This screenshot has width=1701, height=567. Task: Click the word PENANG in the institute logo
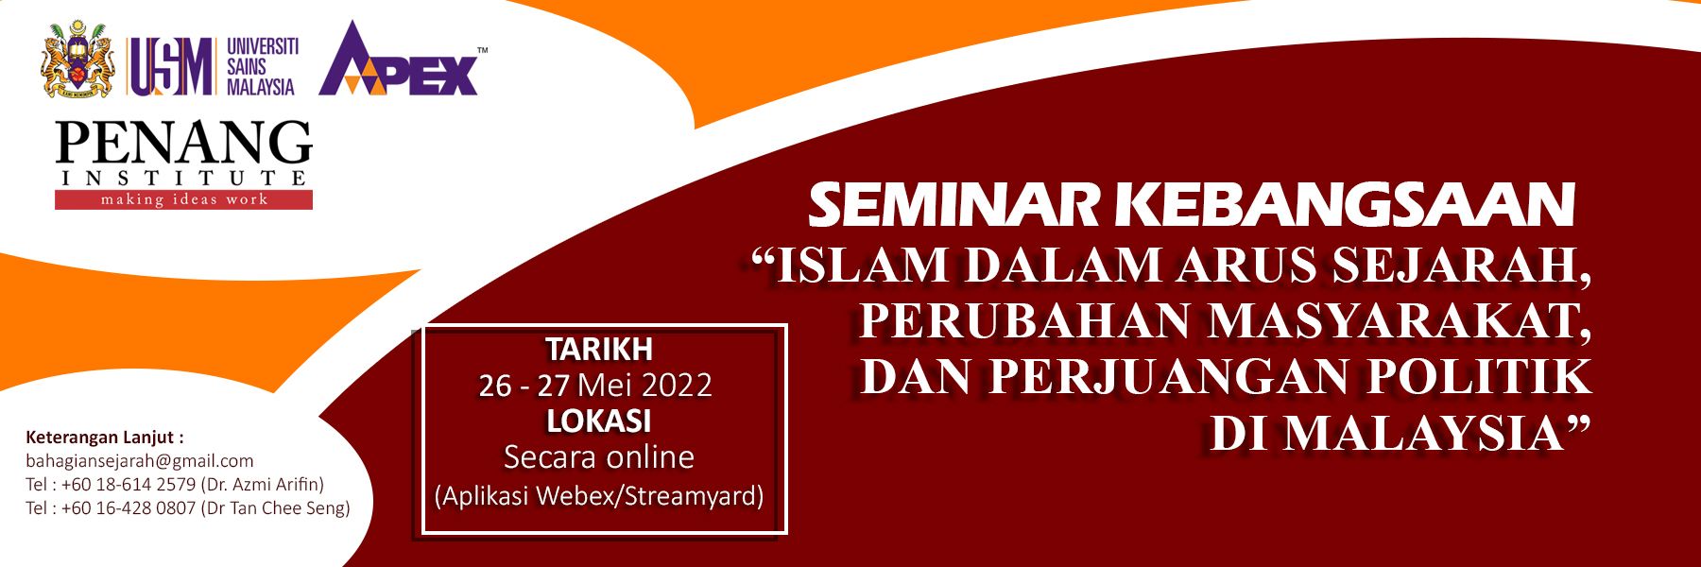click(183, 143)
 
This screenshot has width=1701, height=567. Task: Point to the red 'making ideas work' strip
click(183, 199)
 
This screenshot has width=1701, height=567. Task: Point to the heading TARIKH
click(599, 350)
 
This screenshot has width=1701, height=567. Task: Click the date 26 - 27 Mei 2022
click(595, 386)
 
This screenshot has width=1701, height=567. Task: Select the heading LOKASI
click(599, 421)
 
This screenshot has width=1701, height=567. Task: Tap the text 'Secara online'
click(599, 457)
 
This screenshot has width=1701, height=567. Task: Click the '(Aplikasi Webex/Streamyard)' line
click(599, 496)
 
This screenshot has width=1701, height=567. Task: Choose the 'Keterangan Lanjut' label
click(104, 438)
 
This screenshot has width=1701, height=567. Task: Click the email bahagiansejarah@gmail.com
click(140, 461)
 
